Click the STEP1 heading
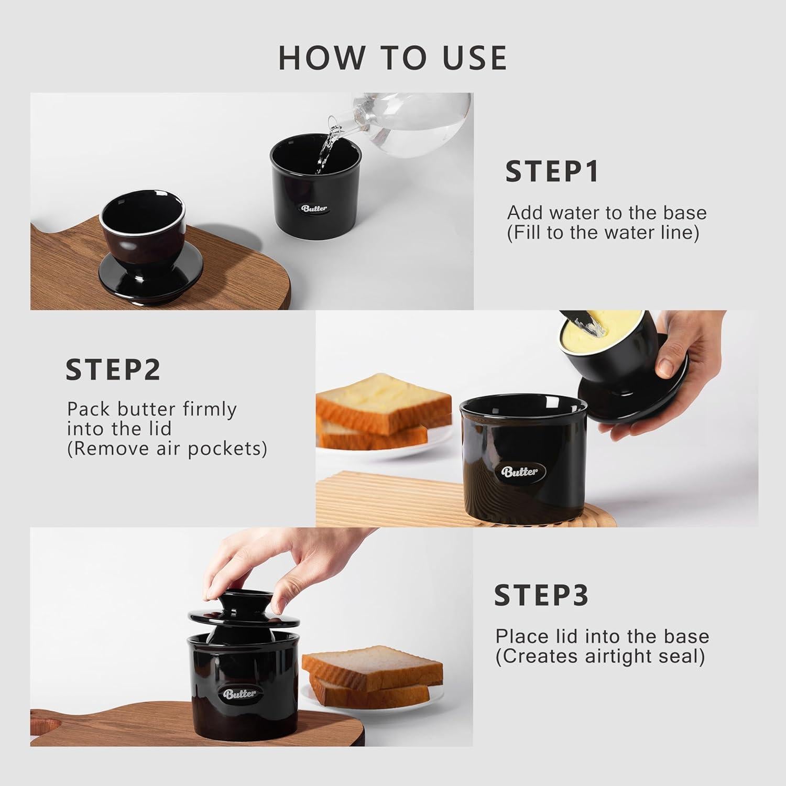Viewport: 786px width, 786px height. click(x=552, y=172)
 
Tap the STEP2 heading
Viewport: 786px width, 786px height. click(x=113, y=370)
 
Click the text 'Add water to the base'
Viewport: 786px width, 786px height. click(x=607, y=213)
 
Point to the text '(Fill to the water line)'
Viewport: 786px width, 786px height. click(x=603, y=233)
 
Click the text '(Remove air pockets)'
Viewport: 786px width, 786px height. click(x=167, y=449)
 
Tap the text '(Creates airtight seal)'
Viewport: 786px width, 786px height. click(x=600, y=656)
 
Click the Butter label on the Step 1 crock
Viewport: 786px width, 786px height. click(x=314, y=208)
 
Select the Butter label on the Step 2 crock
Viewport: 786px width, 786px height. click(x=520, y=471)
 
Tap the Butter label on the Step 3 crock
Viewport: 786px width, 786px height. click(x=240, y=694)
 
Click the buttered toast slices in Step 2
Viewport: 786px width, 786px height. click(x=383, y=411)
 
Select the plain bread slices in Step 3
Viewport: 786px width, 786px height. click(x=372, y=676)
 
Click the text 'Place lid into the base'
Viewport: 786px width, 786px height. click(x=602, y=636)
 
